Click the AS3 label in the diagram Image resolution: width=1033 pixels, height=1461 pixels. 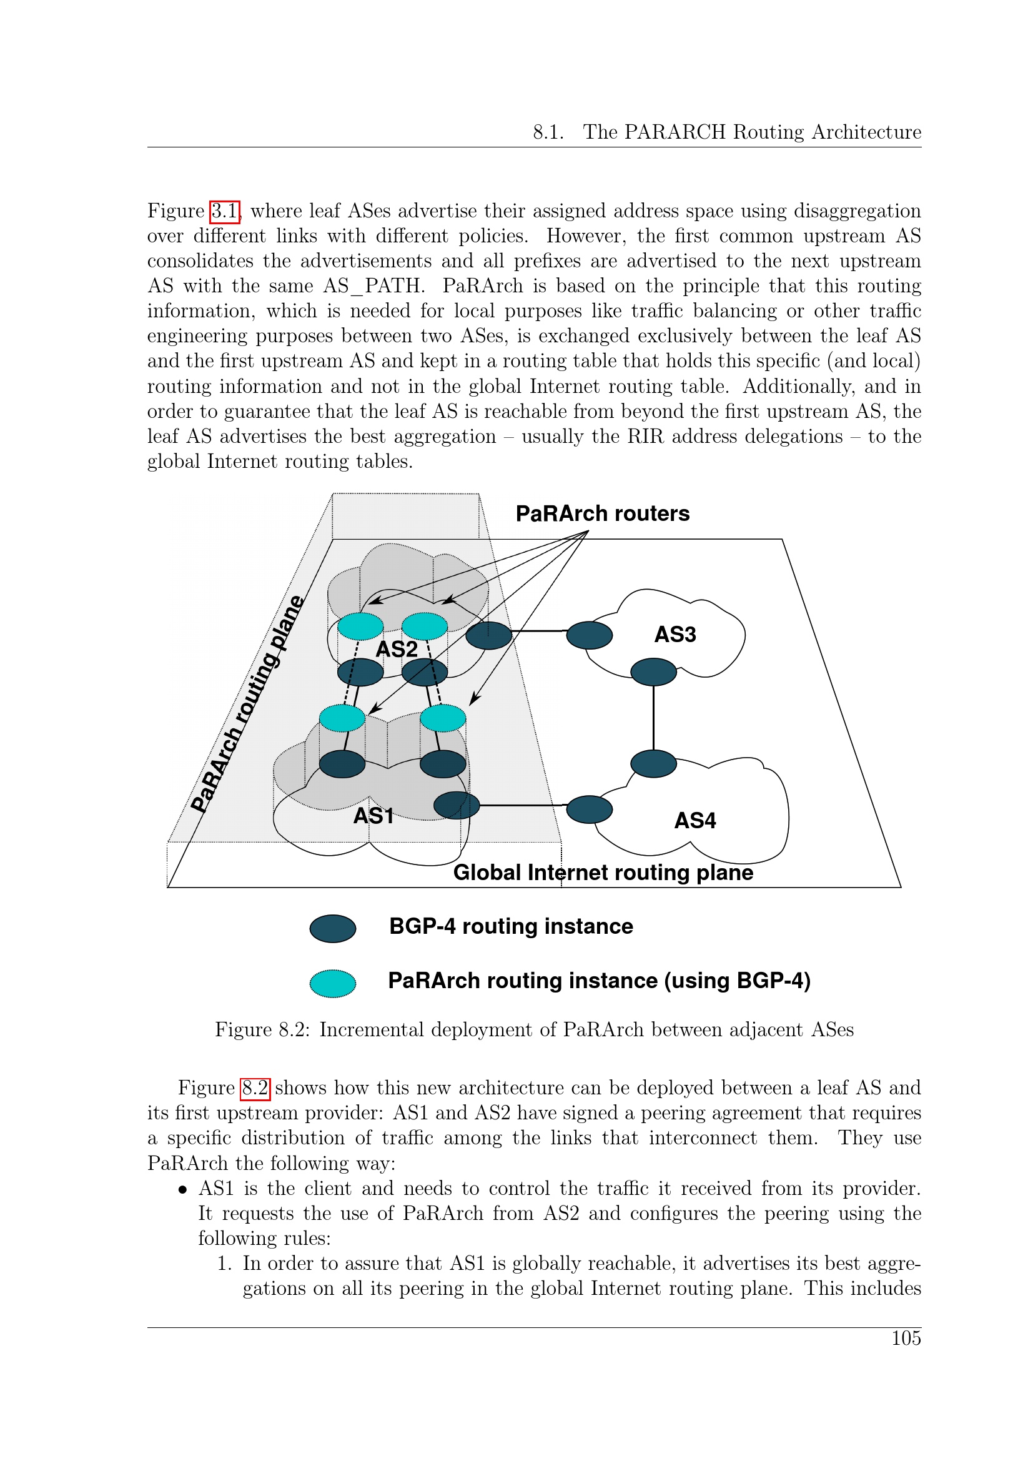675,635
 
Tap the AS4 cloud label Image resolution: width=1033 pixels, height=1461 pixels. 694,820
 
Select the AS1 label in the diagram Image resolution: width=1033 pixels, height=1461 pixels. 373,816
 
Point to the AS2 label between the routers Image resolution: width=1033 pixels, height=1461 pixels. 397,649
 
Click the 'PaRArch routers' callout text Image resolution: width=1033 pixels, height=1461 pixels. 602,513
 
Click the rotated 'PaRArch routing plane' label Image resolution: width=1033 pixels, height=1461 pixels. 249,705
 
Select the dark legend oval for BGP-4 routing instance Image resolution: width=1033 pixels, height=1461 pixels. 333,928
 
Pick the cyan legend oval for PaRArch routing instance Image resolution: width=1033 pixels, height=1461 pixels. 333,983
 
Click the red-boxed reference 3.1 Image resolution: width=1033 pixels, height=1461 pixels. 225,211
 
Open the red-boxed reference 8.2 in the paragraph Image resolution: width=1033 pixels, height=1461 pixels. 255,1088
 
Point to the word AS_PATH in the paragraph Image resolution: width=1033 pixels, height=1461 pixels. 373,285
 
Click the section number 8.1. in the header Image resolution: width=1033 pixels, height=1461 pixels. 548,132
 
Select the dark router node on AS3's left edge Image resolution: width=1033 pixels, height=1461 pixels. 589,635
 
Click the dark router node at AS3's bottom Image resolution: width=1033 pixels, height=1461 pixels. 653,672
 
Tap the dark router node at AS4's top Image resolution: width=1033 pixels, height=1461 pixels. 653,763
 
